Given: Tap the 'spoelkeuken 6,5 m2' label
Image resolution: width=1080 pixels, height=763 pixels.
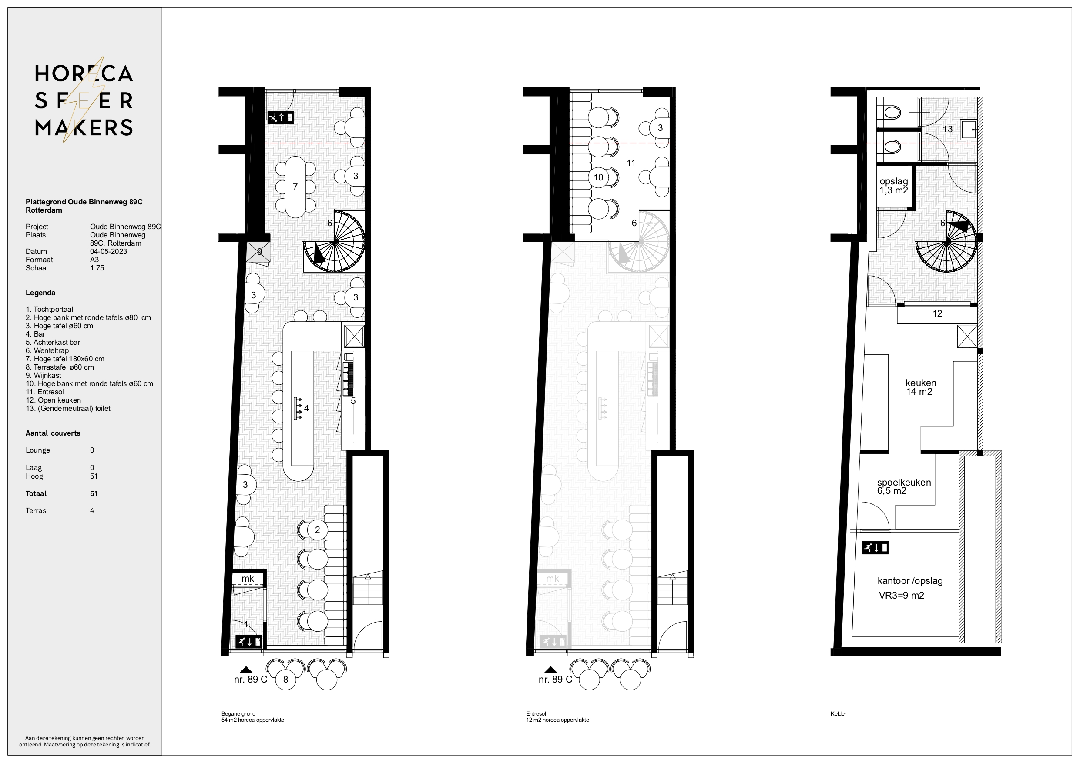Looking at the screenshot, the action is pyautogui.click(x=904, y=486).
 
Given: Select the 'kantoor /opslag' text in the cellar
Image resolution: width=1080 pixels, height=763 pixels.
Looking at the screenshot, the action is pyautogui.click(x=910, y=580).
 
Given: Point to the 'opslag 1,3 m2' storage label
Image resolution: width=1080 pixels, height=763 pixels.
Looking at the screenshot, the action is pyautogui.click(x=894, y=186).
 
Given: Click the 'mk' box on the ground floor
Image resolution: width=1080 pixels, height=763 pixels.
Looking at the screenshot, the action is pyautogui.click(x=248, y=578).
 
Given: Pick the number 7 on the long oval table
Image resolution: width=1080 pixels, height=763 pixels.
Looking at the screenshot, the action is pyautogui.click(x=295, y=187).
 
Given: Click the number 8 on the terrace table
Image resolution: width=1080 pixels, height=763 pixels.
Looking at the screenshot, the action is pyautogui.click(x=285, y=680).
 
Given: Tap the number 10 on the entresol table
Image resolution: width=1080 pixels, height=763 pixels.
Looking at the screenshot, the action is pyautogui.click(x=598, y=178).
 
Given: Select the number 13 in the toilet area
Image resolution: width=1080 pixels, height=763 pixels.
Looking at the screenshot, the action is pyautogui.click(x=947, y=129).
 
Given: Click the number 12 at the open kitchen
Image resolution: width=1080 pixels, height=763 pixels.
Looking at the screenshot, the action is pyautogui.click(x=937, y=313).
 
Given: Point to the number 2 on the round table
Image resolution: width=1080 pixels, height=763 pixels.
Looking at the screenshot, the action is pyautogui.click(x=318, y=530).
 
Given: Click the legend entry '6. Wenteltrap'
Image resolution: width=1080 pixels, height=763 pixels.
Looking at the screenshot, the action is pyautogui.click(x=47, y=351).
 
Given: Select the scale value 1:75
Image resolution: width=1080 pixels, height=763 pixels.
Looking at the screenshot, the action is pyautogui.click(x=97, y=268).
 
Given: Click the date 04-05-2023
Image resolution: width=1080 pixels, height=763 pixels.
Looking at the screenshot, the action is pyautogui.click(x=109, y=252).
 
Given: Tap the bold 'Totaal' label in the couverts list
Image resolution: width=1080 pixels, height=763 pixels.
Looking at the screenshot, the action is pyautogui.click(x=36, y=493).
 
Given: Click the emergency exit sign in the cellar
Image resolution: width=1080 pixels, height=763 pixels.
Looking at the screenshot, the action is pyautogui.click(x=875, y=548).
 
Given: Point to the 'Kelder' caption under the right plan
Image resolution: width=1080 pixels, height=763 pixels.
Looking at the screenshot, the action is pyautogui.click(x=839, y=713).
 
